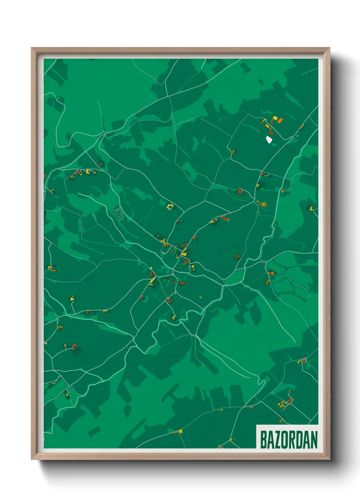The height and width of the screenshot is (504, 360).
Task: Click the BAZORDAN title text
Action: tap(289, 440)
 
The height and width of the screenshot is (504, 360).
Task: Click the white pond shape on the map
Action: tap(269, 140)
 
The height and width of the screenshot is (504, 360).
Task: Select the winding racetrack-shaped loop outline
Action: tap(118, 212)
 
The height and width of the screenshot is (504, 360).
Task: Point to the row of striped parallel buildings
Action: tap(263, 204)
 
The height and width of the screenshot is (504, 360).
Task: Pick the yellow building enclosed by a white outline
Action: tap(170, 206)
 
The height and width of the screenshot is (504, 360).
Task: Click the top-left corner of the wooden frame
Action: tap(32, 48)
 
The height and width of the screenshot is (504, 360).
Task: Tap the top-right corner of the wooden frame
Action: tap(329, 48)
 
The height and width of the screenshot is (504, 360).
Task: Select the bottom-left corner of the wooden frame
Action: tap(32, 459)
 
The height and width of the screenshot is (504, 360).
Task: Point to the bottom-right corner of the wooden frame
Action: tap(329, 459)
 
